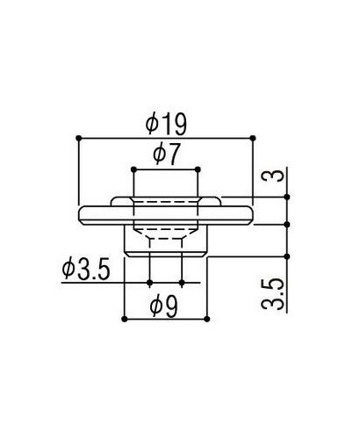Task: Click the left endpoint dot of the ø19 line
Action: coord(80,137)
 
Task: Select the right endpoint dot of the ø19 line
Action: coord(253,137)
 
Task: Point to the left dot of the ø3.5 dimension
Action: coord(151,283)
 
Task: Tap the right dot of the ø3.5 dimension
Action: coord(181,283)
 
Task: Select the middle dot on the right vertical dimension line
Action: coord(286,224)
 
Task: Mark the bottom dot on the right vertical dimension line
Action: coord(286,255)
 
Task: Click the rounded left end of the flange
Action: coord(82,214)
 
